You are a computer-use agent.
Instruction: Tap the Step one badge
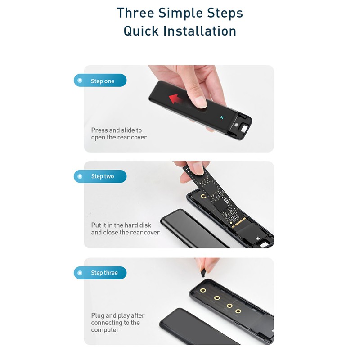(100, 81)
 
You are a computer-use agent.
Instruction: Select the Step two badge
(100, 176)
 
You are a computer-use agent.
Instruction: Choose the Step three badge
(100, 273)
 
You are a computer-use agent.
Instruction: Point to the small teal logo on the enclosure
(222, 118)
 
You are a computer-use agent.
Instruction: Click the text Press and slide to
(116, 130)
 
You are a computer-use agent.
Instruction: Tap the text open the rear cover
(119, 137)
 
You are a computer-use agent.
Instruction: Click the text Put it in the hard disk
(121, 225)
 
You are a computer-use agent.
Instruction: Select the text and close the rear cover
(125, 232)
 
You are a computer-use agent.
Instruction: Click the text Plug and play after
(118, 315)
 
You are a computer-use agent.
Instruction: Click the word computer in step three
(105, 330)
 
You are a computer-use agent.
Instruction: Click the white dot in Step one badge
(80, 81)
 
